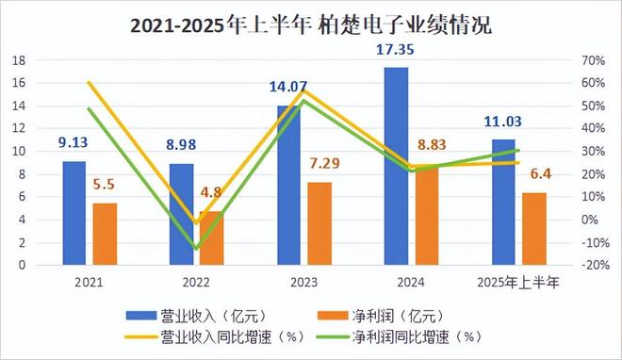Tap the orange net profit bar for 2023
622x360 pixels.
coord(319,222)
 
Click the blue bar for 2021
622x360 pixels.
coord(74,213)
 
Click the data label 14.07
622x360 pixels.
coord(288,88)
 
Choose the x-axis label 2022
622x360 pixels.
coord(197,281)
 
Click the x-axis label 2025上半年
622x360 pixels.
coord(519,281)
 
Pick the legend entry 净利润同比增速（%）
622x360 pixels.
coord(416,335)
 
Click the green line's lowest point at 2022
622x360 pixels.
coord(195,248)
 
